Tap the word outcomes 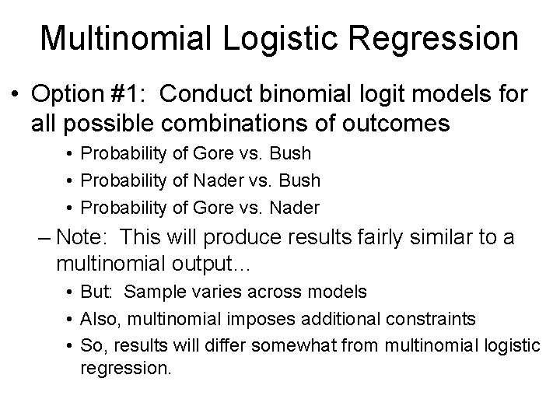pyautogui.click(x=400, y=124)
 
